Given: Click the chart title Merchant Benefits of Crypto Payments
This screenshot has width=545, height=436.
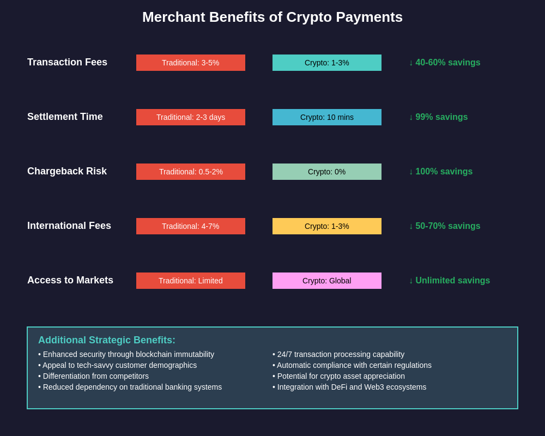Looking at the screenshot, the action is tap(272, 17).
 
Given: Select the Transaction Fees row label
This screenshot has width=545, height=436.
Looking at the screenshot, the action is tap(67, 62).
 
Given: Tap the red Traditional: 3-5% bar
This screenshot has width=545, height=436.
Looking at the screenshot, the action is tap(191, 63).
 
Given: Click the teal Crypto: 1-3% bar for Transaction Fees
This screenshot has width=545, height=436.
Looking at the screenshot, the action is tap(327, 63).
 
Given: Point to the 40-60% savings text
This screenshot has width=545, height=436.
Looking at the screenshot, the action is tap(445, 63).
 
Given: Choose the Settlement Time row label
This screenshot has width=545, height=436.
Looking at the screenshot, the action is tap(65, 117).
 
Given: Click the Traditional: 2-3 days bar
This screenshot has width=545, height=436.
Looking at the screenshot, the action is tap(191, 117).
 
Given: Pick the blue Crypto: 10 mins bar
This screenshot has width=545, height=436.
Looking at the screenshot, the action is tap(327, 117).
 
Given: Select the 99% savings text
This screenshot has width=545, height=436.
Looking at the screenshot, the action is tap(438, 117).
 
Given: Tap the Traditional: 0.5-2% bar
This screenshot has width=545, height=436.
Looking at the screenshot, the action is tap(191, 172).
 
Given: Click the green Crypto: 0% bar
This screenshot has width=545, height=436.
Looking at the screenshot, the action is tap(327, 172).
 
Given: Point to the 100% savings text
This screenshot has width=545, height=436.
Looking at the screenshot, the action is tap(441, 172).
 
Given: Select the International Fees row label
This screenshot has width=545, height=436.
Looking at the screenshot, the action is tap(69, 226).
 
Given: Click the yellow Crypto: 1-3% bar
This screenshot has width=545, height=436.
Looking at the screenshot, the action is tap(327, 226).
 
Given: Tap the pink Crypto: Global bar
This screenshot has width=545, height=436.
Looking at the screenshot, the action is tap(327, 281).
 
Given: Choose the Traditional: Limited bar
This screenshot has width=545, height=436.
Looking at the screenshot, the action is tap(191, 281).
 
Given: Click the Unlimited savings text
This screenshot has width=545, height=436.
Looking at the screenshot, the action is tap(450, 281).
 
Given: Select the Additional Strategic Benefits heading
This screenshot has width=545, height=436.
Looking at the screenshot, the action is tap(107, 340).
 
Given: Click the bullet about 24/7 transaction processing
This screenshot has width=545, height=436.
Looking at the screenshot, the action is tap(338, 354).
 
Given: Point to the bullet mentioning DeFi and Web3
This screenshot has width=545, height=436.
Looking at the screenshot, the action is tap(349, 387).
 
